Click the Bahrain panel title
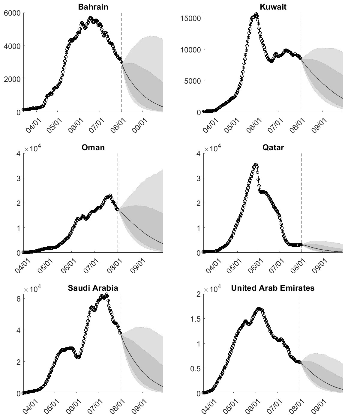tap(93, 7)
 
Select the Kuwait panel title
tap(273, 7)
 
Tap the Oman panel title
tap(93, 147)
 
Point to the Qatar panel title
tap(273, 147)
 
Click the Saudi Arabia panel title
tap(93, 288)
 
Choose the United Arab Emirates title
tap(273, 288)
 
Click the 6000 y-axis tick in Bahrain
tap(12, 13)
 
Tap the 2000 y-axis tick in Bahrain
tap(12, 79)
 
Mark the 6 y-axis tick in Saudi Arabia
tap(18, 299)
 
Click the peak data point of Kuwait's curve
tap(256, 14)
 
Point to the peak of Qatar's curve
tap(256, 165)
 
